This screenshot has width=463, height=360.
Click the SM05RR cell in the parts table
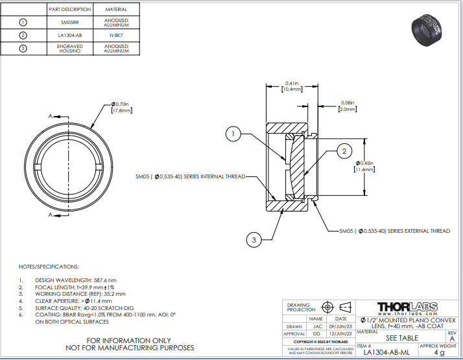coord(69,22)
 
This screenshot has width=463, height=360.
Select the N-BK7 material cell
coord(115,35)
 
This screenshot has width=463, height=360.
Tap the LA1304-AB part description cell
coord(69,35)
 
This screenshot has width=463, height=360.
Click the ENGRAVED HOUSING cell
coord(69,48)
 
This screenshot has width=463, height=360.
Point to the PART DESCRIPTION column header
coord(69,10)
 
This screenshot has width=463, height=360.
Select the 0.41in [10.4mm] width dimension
coord(292,86)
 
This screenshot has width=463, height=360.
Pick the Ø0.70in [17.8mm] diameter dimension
coord(121,107)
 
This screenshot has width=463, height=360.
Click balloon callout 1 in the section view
coord(233,134)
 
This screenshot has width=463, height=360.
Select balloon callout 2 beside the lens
coord(345,152)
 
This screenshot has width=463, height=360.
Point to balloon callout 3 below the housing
coord(254,240)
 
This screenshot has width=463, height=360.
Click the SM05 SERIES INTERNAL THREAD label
coord(190,176)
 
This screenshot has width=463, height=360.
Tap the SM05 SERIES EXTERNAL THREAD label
coord(394,230)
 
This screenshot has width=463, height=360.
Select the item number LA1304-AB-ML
coord(386,352)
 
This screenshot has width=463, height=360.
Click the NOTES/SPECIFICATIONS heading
coord(49,267)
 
